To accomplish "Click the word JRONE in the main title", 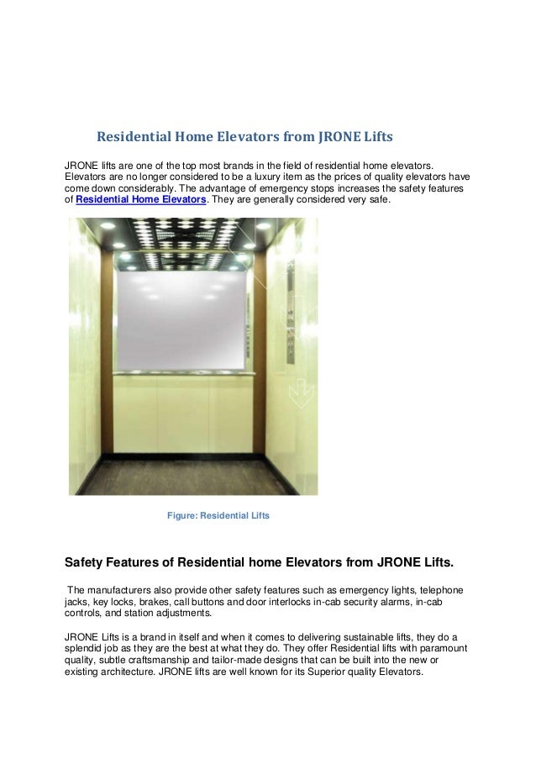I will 341,135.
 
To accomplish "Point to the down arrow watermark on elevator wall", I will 297,391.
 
